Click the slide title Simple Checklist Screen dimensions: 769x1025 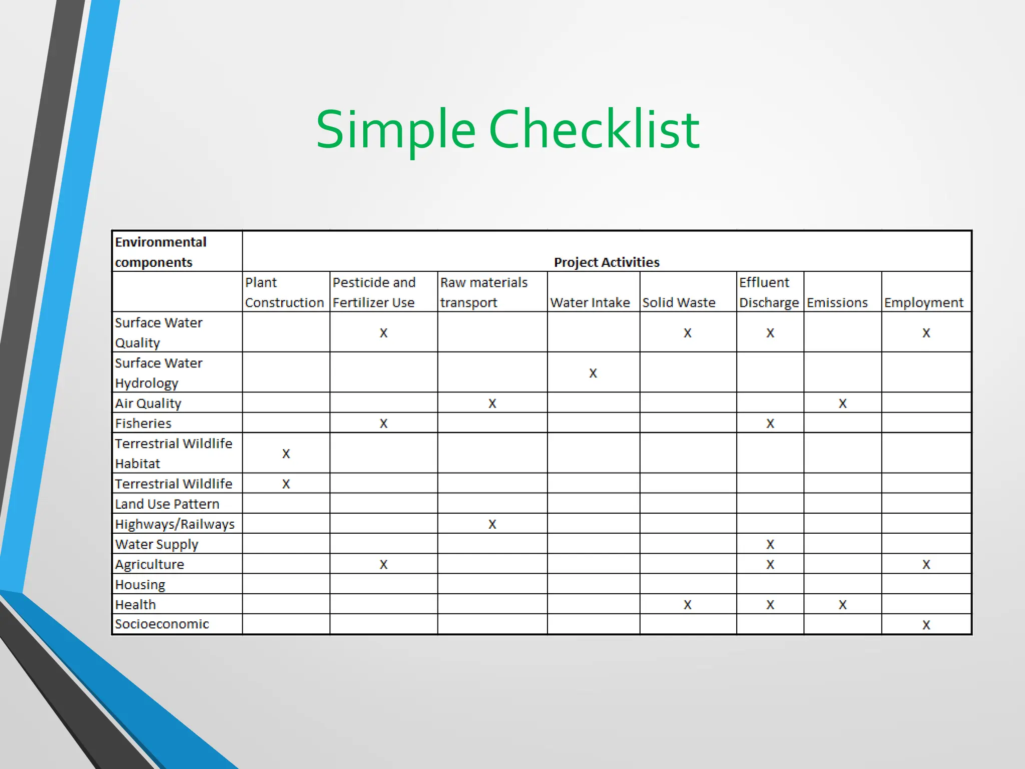point(507,130)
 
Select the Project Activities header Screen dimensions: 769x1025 point(607,262)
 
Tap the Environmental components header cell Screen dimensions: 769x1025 point(161,252)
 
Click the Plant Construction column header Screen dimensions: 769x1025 point(284,292)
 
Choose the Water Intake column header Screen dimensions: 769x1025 point(590,302)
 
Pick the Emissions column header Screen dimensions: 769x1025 point(837,302)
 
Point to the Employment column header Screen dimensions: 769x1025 point(923,302)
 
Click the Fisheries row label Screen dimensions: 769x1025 point(143,424)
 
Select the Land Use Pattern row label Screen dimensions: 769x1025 point(167,504)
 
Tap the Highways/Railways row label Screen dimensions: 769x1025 point(175,524)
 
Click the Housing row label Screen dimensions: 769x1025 point(140,584)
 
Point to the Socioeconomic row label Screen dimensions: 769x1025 point(162,624)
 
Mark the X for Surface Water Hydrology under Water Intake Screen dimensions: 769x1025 point(593,373)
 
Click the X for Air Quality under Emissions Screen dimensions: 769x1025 point(843,404)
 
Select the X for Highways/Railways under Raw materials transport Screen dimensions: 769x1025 point(492,524)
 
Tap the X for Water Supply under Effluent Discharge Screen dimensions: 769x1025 point(770,544)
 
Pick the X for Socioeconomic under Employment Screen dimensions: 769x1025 point(926,625)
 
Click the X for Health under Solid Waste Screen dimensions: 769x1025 point(688,605)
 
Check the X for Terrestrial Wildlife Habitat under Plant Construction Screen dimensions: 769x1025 point(286,454)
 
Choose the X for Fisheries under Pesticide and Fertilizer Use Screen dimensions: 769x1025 point(383,424)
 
